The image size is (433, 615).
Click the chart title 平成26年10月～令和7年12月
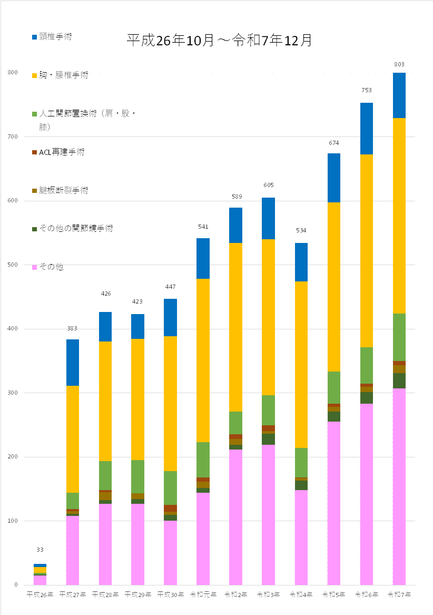click(219, 41)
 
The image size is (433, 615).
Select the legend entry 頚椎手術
click(55, 37)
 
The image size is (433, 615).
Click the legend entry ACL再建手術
click(62, 152)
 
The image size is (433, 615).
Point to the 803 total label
click(399, 64)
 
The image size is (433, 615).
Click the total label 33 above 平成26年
click(40, 550)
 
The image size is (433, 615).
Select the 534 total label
click(301, 230)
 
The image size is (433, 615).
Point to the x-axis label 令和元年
click(203, 594)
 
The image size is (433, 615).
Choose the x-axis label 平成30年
click(171, 594)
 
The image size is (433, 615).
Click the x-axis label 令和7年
click(399, 594)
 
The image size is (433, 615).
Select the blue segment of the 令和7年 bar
click(399, 95)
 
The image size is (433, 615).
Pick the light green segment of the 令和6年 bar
click(367, 365)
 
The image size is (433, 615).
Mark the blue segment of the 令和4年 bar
click(301, 262)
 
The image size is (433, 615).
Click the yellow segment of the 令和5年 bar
click(334, 287)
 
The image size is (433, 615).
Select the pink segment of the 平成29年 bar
click(138, 544)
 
